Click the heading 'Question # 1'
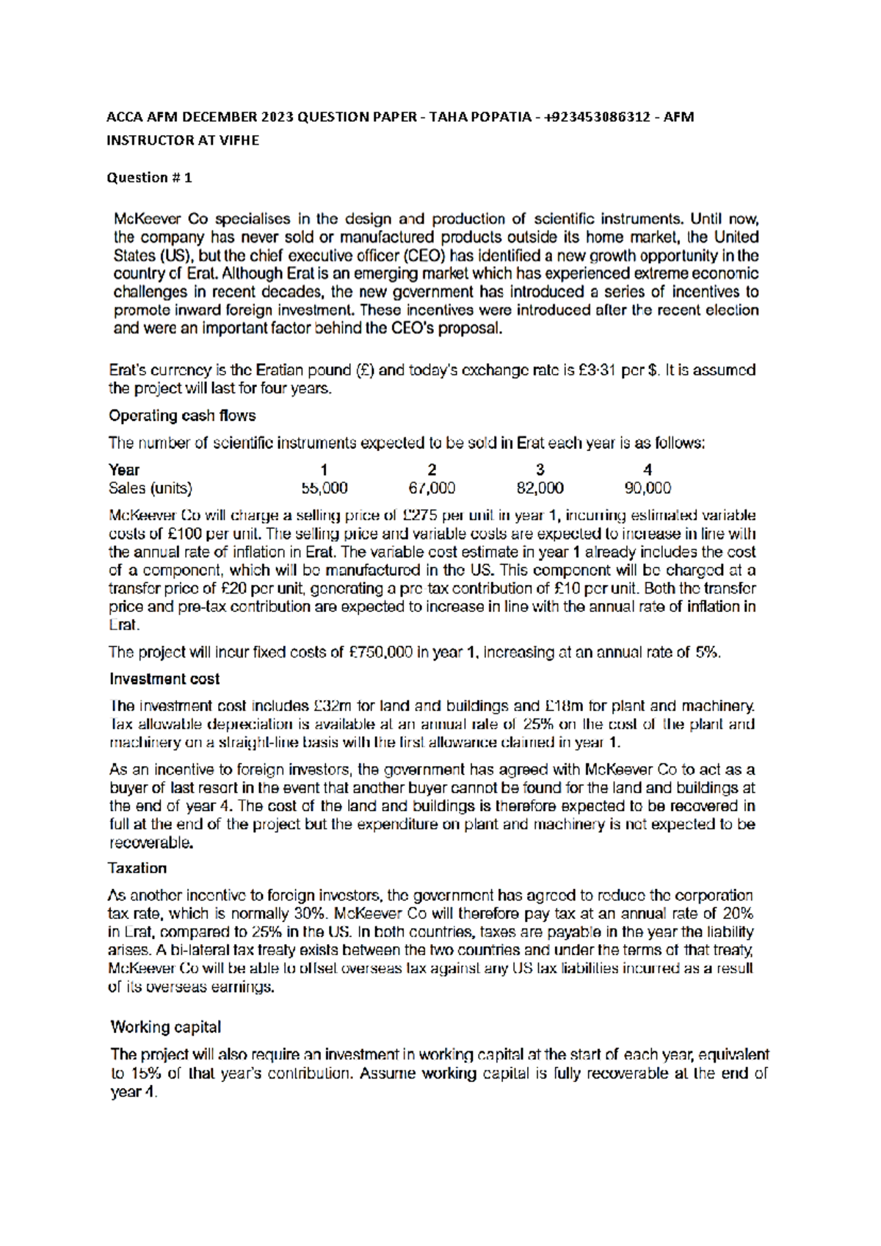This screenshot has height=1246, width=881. click(149, 177)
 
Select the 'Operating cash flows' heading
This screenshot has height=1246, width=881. click(182, 416)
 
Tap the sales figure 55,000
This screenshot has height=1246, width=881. click(324, 489)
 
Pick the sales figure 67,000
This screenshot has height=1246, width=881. click(432, 489)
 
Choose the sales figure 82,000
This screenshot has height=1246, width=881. click(540, 489)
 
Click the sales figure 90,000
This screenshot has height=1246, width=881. click(648, 489)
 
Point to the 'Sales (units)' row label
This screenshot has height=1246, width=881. click(151, 489)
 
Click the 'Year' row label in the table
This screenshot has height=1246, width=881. click(124, 470)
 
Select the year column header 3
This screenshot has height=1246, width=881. click(540, 470)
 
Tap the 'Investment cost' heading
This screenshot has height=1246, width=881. click(164, 679)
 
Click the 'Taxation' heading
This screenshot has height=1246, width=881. click(137, 868)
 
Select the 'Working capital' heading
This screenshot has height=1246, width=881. click(165, 1027)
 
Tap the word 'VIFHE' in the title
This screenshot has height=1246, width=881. click(239, 140)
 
